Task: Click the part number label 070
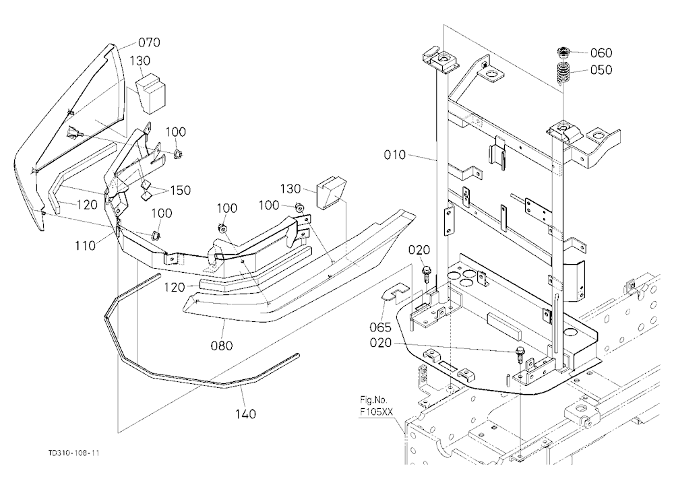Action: click(149, 42)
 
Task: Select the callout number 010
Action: click(394, 155)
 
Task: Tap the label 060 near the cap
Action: click(601, 53)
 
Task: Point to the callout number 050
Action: click(601, 69)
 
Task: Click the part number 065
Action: click(381, 327)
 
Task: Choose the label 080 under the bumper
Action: click(222, 345)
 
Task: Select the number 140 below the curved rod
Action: click(245, 414)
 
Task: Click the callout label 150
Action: click(180, 190)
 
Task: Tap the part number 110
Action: click(85, 246)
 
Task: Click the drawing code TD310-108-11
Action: click(73, 453)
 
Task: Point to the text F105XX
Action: click(376, 412)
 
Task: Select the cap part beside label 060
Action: click(563, 53)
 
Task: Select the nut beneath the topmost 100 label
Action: click(177, 154)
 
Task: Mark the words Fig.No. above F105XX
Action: click(373, 400)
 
